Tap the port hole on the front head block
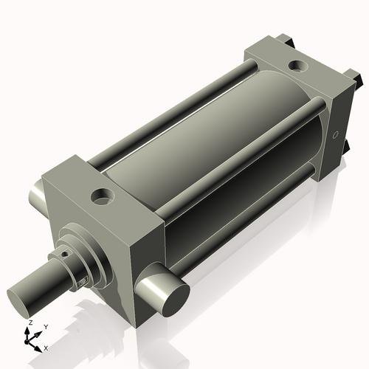pyautogui.click(x=98, y=197)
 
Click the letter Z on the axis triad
pyautogui.click(x=29, y=323)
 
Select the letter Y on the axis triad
pyautogui.click(x=45, y=325)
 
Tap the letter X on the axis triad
pyautogui.click(x=46, y=347)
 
